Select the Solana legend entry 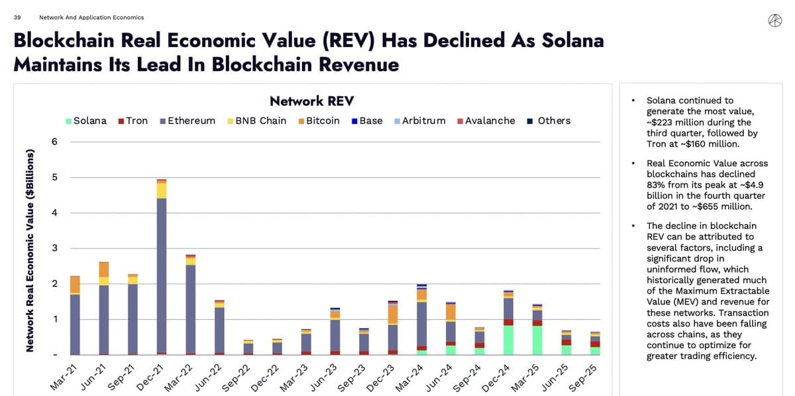click(x=86, y=121)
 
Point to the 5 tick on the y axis click(x=54, y=177)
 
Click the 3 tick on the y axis click(x=54, y=249)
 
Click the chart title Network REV click(x=311, y=101)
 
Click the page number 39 click(x=17, y=17)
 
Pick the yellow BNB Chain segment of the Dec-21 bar click(x=161, y=190)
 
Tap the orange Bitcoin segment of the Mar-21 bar click(x=75, y=285)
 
